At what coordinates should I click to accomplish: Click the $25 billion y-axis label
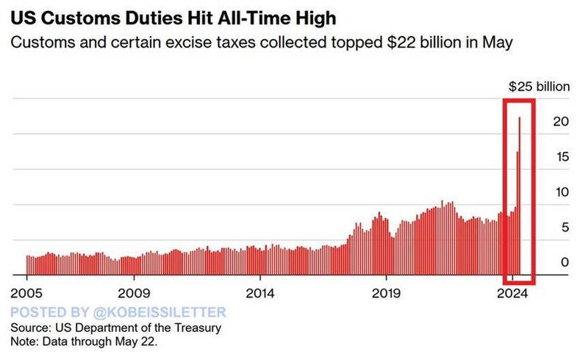(x=539, y=87)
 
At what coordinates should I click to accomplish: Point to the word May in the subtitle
(x=497, y=44)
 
